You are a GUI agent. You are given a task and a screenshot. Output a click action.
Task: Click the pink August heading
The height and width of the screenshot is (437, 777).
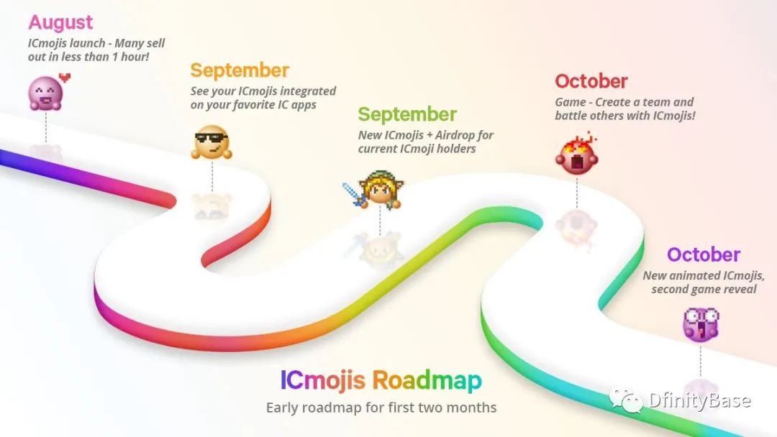60,23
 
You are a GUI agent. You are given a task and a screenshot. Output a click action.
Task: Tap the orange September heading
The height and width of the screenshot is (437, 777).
240,70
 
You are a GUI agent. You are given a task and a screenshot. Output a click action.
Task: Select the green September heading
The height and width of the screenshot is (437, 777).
406,115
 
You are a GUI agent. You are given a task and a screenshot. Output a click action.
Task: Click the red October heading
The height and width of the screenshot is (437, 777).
591,81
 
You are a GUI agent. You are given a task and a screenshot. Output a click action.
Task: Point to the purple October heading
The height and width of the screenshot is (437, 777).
703,255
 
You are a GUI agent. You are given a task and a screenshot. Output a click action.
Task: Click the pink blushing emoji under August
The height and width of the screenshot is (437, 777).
45,93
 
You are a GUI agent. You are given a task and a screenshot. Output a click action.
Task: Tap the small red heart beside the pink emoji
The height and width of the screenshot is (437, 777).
65,77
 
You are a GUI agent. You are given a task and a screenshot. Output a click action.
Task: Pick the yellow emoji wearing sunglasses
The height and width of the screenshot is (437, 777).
212,142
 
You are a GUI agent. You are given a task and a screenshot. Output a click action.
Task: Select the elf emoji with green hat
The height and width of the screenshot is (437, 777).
380,189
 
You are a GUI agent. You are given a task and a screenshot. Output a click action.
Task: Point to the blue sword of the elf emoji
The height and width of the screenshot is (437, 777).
354,194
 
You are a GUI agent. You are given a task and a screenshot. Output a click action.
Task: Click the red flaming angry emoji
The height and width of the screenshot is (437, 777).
577,155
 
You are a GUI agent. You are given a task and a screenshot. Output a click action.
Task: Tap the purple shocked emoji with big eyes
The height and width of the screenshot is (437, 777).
701,325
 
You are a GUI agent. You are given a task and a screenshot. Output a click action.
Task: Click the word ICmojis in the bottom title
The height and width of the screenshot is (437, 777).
322,381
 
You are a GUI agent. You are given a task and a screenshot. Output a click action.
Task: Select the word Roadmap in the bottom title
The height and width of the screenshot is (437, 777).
427,381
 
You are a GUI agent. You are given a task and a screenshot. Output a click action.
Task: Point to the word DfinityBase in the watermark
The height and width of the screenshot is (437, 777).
699,400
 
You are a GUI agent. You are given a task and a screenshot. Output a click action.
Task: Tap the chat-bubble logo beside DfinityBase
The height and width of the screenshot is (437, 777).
626,400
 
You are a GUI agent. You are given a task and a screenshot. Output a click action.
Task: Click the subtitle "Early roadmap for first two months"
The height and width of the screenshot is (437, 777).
381,408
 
